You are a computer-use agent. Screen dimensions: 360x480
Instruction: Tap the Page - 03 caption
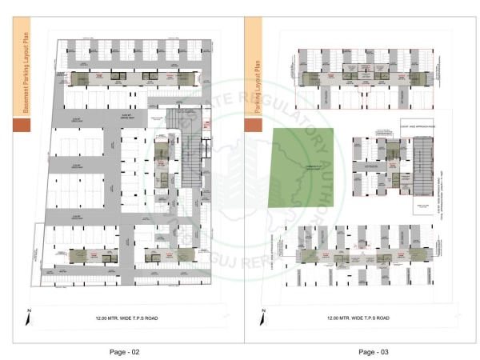coord(373,351)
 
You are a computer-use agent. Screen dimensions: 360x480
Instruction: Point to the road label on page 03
coord(358,318)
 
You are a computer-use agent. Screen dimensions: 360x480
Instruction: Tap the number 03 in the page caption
coord(384,351)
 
